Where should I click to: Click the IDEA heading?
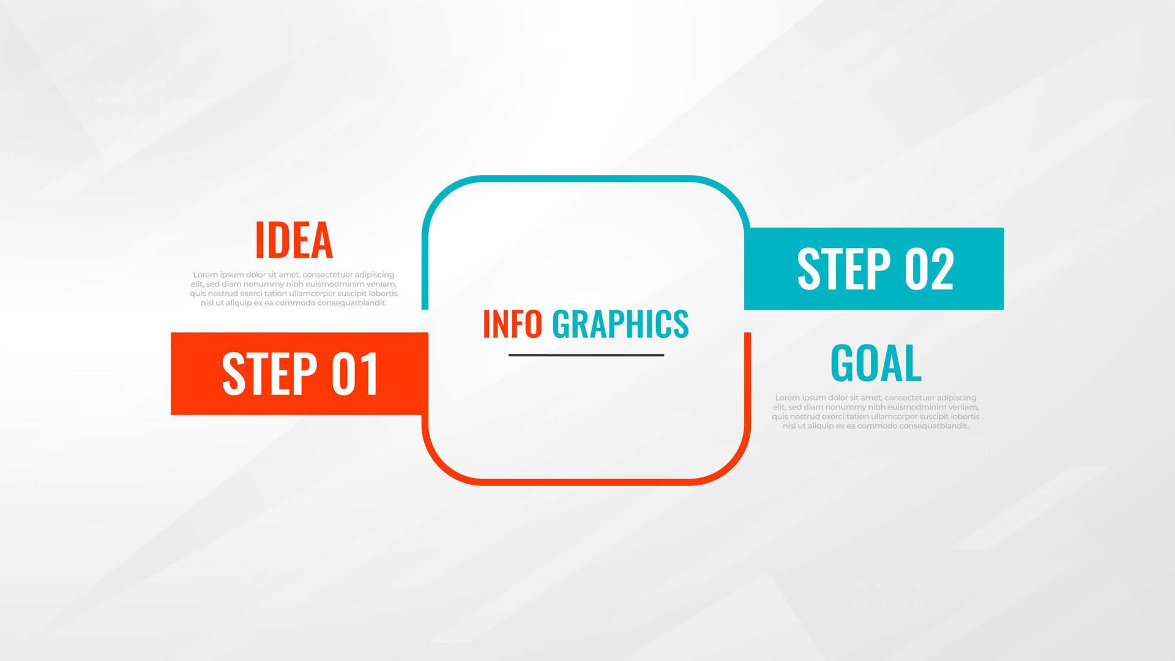coord(294,240)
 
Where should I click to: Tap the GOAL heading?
coord(876,363)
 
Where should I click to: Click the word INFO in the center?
coord(512,324)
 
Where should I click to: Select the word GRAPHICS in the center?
coord(620,324)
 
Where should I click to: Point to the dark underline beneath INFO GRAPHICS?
coord(586,355)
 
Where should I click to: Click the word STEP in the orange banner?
coord(269,373)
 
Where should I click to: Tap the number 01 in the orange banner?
coord(355,373)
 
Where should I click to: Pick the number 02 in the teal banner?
coord(929,269)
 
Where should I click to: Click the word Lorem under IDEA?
coord(205,275)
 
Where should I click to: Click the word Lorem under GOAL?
coord(787,398)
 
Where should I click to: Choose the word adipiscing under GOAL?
coord(957,398)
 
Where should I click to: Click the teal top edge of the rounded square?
coord(586,179)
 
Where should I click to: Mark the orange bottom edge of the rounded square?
coord(586,482)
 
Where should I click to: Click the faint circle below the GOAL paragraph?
coord(976,449)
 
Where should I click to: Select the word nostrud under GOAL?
coord(805,417)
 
